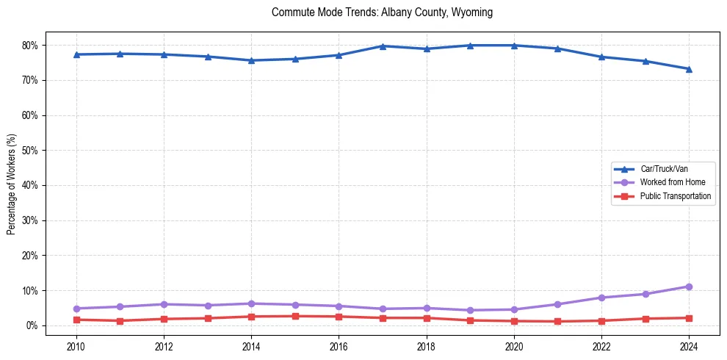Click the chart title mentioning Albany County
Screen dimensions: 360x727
(382, 12)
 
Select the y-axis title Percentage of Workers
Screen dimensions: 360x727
(11, 184)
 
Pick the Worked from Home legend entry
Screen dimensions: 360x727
(669, 182)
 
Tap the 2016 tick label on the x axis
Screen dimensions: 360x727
(339, 345)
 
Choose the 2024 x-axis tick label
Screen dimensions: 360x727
(689, 345)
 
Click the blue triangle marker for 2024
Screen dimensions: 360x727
(689, 69)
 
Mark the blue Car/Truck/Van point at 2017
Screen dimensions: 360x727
(383, 46)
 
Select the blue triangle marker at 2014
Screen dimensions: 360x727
(251, 60)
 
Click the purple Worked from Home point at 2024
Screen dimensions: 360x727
(689, 287)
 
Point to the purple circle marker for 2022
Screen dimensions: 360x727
(601, 298)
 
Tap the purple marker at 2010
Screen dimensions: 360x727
(76, 309)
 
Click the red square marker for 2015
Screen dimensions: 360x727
(295, 316)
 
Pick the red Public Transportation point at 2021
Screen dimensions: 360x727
(557, 321)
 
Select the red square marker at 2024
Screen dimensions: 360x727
(689, 318)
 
